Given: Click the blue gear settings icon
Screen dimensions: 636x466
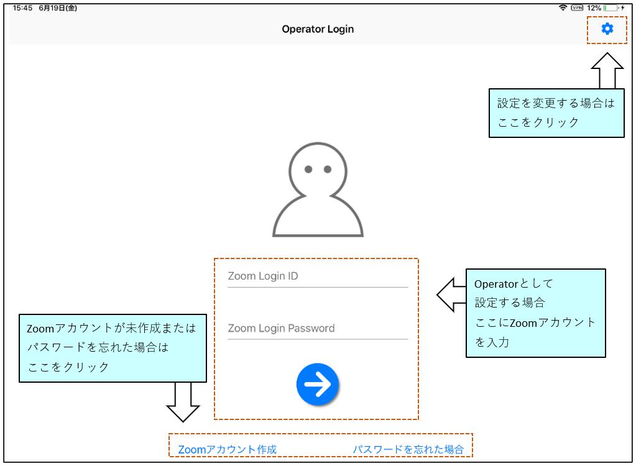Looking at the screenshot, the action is pos(607,29).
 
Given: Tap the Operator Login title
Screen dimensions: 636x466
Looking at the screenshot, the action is pos(318,29).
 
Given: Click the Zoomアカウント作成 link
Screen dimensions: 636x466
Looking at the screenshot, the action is pos(227,449).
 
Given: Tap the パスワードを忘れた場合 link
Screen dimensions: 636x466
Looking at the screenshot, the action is pos(408,449).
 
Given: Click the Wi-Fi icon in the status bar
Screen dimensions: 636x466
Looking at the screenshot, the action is pos(563,7).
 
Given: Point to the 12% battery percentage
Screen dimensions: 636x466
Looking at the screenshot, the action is pos(594,8).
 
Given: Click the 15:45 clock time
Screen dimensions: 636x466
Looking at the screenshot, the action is pos(22,8).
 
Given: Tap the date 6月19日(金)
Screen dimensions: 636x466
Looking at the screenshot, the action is pos(58,8).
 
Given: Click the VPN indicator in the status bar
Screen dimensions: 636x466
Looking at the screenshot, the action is pos(577,7).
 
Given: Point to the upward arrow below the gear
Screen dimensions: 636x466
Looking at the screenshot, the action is pos(607,70).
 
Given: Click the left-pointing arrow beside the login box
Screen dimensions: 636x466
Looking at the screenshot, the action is pos(451,295).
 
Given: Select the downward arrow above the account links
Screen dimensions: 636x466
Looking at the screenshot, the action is pos(183,401).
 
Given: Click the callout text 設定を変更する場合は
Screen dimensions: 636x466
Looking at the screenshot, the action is pos(556,103).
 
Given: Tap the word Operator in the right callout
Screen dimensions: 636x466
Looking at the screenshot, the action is pos(496,284).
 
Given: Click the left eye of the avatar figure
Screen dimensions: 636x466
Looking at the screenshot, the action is pos(308,170).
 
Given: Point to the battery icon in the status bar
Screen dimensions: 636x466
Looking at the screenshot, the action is pos(611,7).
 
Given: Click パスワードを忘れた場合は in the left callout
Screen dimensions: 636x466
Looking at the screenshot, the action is pos(98,347).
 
